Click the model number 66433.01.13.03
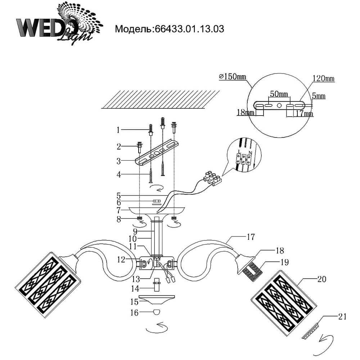click(x=189, y=29)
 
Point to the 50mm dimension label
click(x=279, y=94)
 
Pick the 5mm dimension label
click(x=319, y=96)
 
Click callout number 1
click(x=118, y=129)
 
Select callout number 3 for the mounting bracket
click(x=118, y=160)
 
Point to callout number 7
click(x=118, y=209)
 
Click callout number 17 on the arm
click(x=251, y=237)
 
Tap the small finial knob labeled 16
click(x=157, y=312)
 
